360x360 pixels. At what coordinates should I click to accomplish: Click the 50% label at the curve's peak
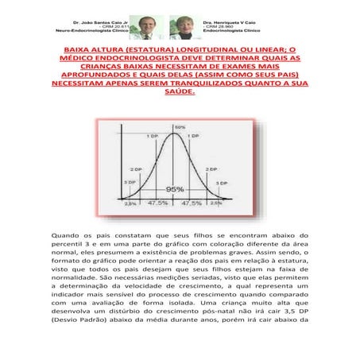[180, 126]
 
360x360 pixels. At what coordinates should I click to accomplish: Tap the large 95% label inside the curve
[175, 189]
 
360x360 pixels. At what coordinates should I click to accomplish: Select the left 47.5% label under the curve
[157, 203]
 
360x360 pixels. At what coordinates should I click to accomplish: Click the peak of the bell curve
[175, 132]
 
